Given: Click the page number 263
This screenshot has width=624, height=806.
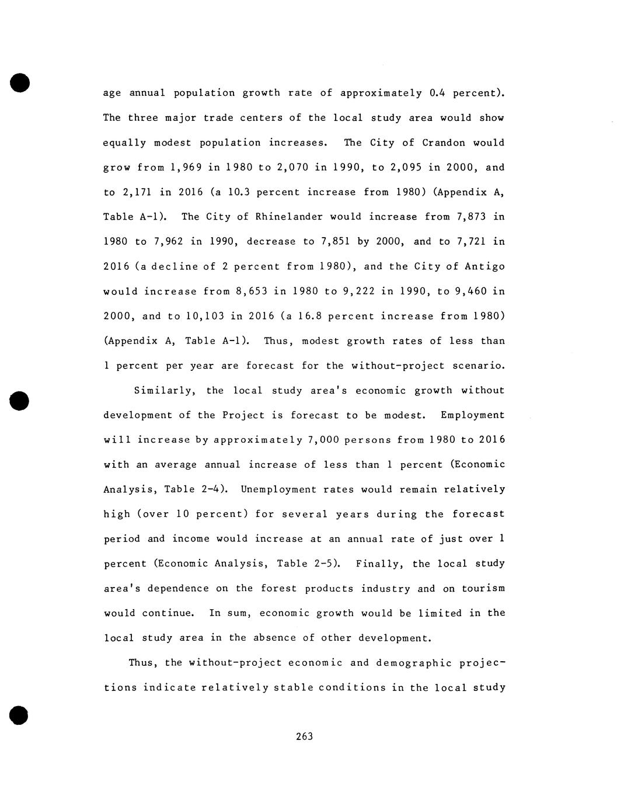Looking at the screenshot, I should click(x=304, y=736).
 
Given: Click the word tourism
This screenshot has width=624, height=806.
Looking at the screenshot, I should click(x=483, y=588).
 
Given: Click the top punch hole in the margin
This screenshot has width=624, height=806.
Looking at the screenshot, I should click(x=19, y=82).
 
